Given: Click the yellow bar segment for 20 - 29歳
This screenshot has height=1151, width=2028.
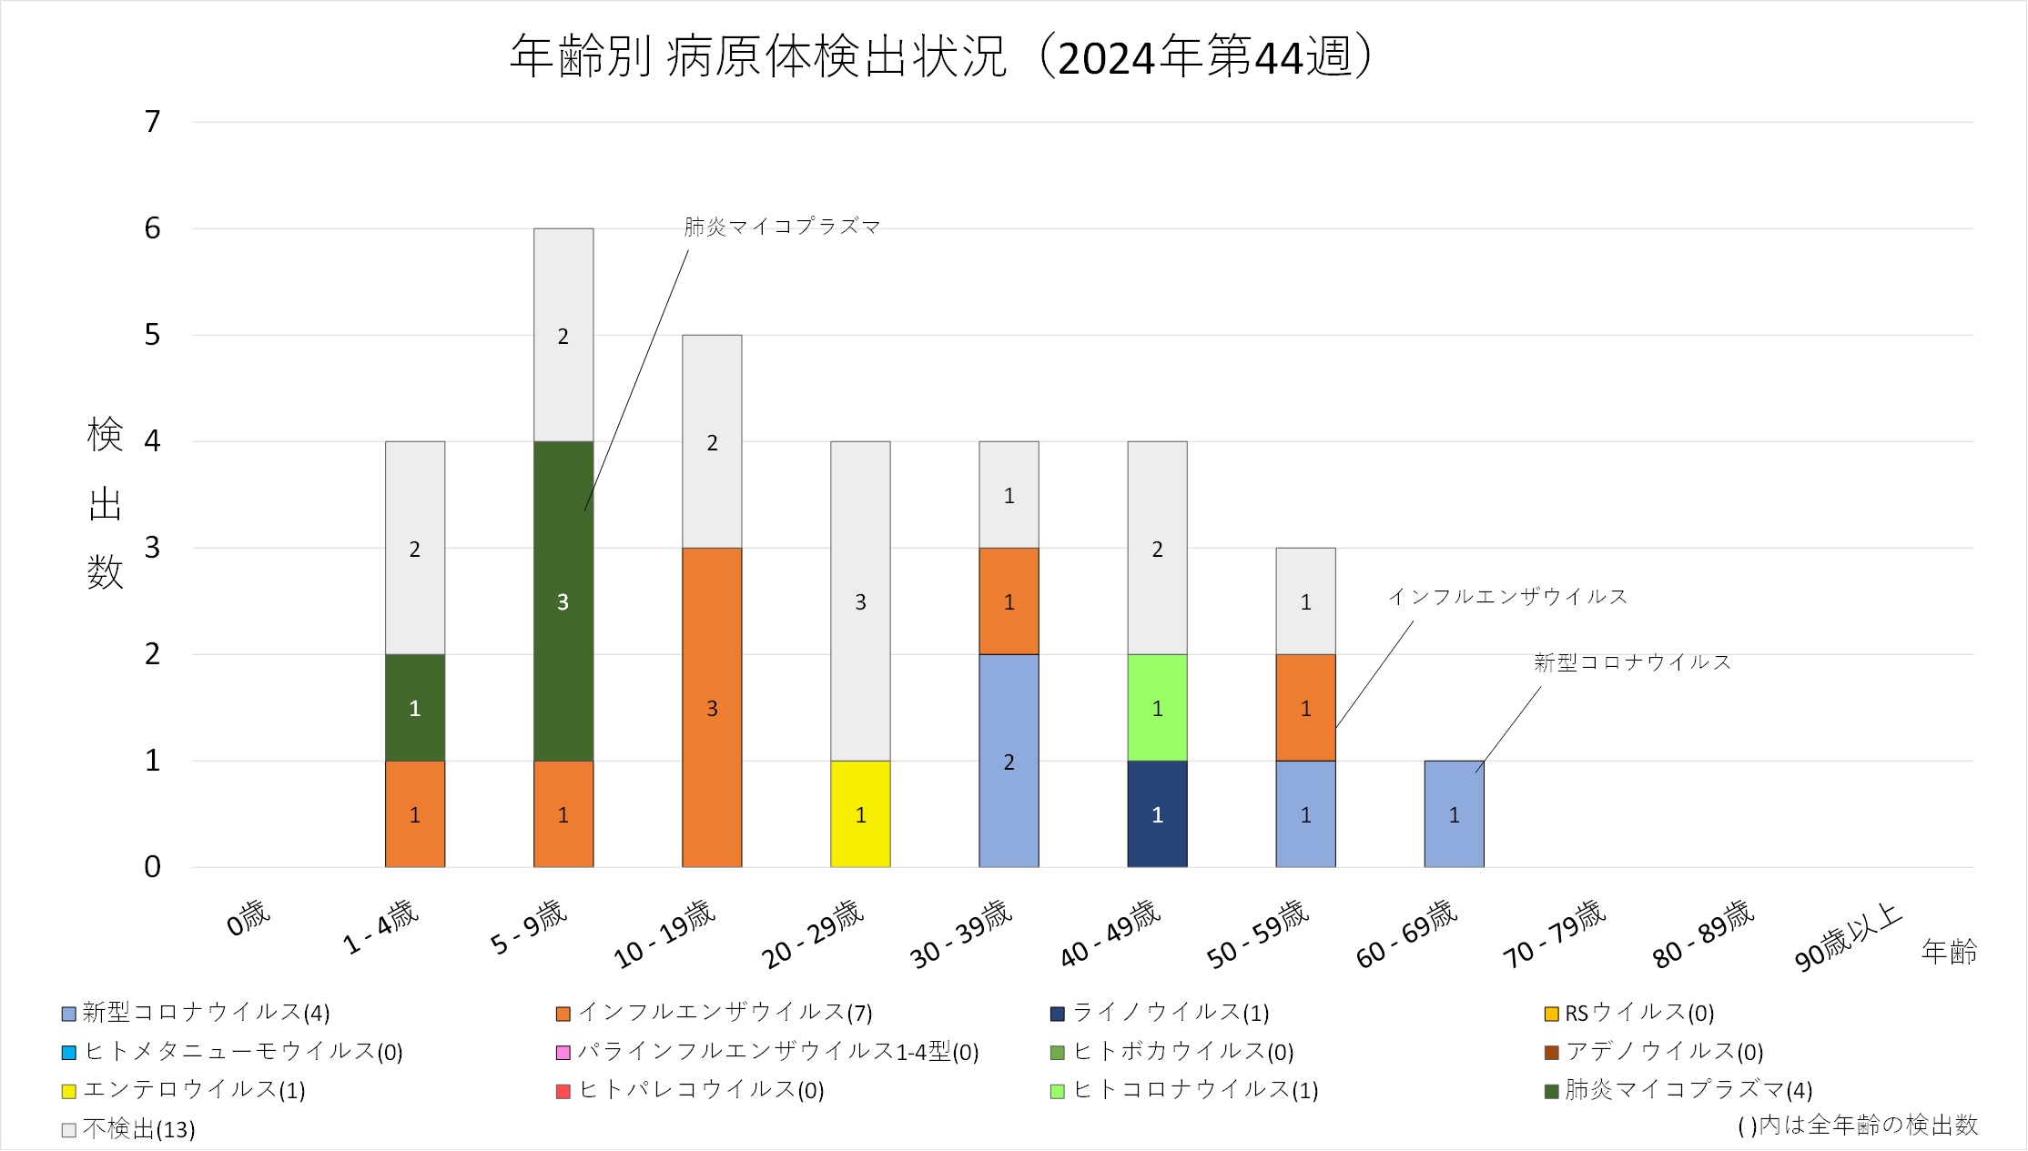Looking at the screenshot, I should pyautogui.click(x=860, y=813).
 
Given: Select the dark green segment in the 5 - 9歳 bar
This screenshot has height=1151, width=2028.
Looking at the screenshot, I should pyautogui.click(x=563, y=601).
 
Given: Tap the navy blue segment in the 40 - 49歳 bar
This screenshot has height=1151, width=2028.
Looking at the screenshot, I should pyautogui.click(x=1157, y=813).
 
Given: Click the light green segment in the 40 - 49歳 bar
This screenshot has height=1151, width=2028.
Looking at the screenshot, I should pyautogui.click(x=1157, y=707).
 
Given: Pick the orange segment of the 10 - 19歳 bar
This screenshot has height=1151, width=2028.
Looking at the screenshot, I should pyautogui.click(x=712, y=707).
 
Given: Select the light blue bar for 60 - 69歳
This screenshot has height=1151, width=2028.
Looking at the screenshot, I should pyautogui.click(x=1454, y=813).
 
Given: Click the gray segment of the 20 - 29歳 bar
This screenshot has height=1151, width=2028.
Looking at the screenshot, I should pyautogui.click(x=860, y=601).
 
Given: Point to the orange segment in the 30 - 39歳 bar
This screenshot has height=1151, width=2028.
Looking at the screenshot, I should pyautogui.click(x=1009, y=601).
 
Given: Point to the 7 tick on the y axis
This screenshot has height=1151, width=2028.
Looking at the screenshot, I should pyautogui.click(x=153, y=122).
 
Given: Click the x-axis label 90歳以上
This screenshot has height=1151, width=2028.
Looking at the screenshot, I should pyautogui.click(x=1848, y=937).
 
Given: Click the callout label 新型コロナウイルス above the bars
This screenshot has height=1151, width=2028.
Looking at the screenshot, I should pyautogui.click(x=1632, y=662).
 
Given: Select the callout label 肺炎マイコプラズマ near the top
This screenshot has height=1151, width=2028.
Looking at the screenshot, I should pyautogui.click(x=782, y=227).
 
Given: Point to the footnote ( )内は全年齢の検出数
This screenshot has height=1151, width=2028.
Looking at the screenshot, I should pyautogui.click(x=1858, y=1126).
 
